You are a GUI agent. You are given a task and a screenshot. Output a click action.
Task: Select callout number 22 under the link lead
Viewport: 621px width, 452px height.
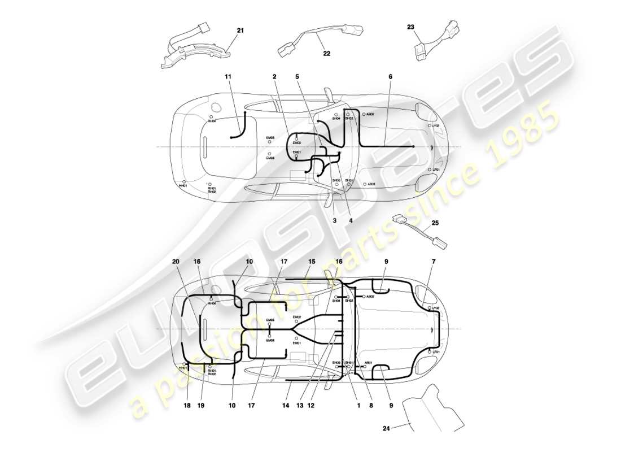click(326, 54)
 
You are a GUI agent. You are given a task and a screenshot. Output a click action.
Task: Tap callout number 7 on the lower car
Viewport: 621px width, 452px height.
click(434, 262)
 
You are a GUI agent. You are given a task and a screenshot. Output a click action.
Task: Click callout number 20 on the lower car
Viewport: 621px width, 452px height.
click(176, 262)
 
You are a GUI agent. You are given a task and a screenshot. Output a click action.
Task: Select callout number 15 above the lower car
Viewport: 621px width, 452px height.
click(311, 262)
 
